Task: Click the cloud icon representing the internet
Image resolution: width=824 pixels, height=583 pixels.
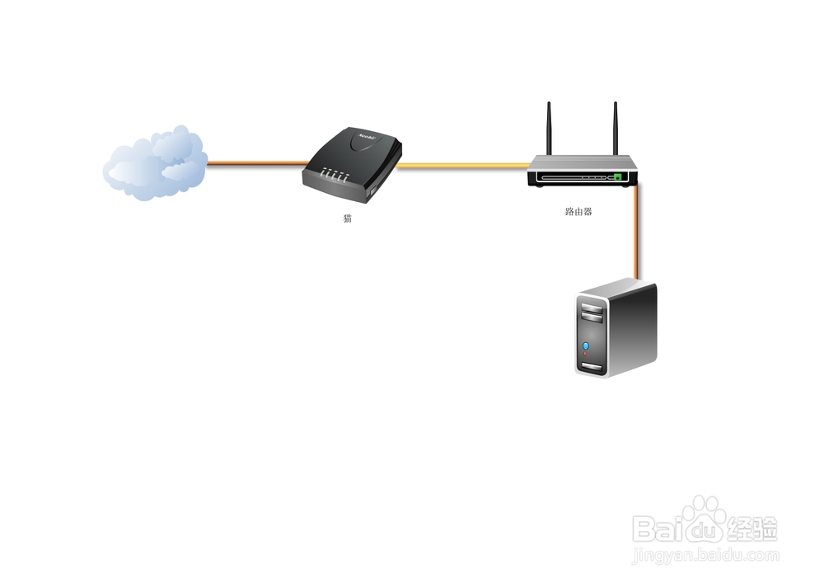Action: click(154, 163)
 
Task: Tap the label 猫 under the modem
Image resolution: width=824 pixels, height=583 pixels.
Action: click(348, 219)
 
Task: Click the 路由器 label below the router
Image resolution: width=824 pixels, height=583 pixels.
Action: click(578, 212)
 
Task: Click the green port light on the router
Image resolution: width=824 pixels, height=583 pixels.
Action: click(616, 177)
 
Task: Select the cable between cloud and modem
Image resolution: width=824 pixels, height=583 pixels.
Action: click(256, 163)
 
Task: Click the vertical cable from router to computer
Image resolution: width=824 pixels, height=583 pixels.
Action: click(636, 231)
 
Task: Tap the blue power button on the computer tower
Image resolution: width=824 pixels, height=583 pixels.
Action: click(586, 346)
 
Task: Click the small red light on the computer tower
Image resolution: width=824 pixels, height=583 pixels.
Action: click(586, 354)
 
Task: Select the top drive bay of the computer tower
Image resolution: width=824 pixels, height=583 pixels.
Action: click(592, 307)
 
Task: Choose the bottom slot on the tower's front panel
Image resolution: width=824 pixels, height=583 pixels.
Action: click(592, 365)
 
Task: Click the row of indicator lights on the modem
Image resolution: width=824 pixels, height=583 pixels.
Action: click(335, 176)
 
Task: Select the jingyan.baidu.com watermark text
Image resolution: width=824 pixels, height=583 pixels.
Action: click(705, 557)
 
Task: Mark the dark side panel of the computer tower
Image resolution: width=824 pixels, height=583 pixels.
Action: click(634, 326)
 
